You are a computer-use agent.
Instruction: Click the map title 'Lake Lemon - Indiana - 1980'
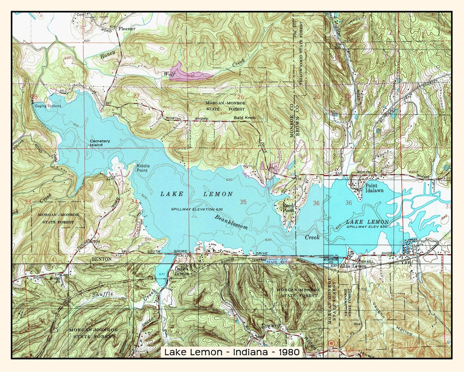232,352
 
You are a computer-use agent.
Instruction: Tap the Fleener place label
127,29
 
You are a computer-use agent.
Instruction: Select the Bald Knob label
244,118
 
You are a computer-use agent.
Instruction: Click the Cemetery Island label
100,143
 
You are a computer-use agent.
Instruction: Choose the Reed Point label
288,208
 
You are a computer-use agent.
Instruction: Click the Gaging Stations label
48,106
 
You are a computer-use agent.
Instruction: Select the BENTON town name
102,259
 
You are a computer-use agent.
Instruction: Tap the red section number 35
243,202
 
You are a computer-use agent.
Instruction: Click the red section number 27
136,96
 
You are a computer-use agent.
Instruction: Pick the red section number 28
34,96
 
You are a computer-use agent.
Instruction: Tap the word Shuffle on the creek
103,294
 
